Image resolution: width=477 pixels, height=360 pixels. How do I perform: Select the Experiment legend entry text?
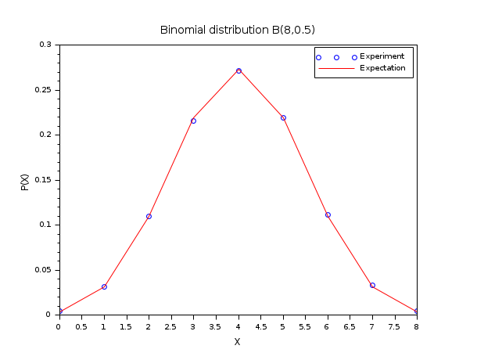pyautogui.click(x=382, y=56)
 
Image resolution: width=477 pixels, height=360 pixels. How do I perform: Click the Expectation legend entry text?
pyautogui.click(x=382, y=68)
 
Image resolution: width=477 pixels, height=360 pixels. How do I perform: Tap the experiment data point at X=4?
pyautogui.click(x=238, y=70)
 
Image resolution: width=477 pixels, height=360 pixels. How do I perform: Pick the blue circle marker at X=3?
pyautogui.click(x=193, y=121)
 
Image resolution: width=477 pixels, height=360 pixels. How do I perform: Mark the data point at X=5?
pyautogui.click(x=283, y=117)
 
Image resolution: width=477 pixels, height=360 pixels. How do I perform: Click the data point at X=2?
pyautogui.click(x=149, y=216)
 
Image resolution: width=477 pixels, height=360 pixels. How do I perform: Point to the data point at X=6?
pyautogui.click(x=328, y=214)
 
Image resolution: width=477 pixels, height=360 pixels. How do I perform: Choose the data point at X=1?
pyautogui.click(x=104, y=286)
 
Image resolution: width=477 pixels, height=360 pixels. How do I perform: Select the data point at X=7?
pyautogui.click(x=372, y=285)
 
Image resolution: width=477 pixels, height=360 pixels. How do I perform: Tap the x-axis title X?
pyautogui.click(x=238, y=342)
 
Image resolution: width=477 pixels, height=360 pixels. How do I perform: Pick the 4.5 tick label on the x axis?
pyautogui.click(x=260, y=326)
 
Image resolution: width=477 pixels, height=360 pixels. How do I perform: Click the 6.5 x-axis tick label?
pyautogui.click(x=350, y=326)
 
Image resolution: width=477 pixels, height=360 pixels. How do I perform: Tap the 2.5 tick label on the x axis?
pyautogui.click(x=170, y=326)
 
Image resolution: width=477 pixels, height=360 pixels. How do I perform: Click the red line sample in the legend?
pyautogui.click(x=336, y=69)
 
